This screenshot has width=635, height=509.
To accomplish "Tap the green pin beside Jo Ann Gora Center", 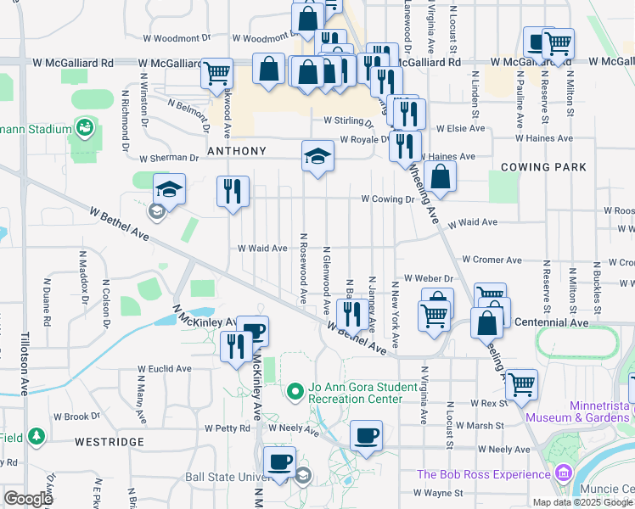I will [x=295, y=391].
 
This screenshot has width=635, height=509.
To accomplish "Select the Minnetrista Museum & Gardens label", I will [x=577, y=411].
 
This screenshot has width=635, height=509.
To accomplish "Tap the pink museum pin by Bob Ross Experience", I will [x=561, y=473].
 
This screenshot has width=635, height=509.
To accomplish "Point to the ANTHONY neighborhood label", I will [x=237, y=151].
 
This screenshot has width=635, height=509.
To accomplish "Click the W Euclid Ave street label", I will [x=166, y=369].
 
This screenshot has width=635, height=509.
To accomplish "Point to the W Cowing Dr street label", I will [x=386, y=199].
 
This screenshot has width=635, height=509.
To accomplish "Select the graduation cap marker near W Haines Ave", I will [x=317, y=156].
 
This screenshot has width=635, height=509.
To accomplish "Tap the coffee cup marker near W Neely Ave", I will [x=366, y=436].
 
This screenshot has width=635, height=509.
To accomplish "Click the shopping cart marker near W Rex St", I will [x=521, y=384].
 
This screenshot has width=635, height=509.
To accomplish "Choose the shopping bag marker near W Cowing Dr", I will [x=441, y=177].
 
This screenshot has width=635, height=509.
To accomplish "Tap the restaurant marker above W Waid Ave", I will [x=233, y=192].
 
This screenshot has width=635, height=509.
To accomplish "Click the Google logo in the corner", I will [x=28, y=499].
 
